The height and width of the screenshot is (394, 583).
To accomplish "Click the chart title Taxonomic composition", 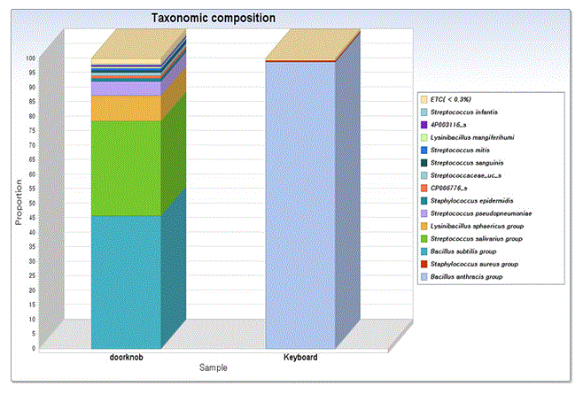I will click(x=213, y=18).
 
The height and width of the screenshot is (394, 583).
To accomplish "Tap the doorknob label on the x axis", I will click(x=125, y=356).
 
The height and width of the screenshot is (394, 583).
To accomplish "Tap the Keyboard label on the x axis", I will click(x=300, y=356).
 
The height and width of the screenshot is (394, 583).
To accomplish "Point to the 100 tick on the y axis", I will click(x=30, y=58).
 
